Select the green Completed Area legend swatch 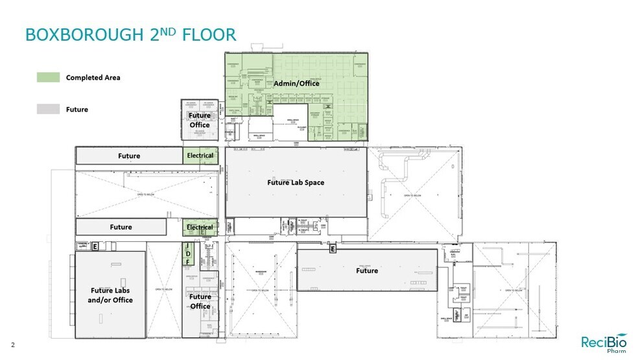tap(48, 78)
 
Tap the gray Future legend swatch tap(48, 110)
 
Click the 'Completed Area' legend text tap(93, 78)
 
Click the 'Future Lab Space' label tap(296, 182)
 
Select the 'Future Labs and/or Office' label tap(112, 295)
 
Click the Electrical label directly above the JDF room tap(200, 228)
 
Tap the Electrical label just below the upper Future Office tap(200, 156)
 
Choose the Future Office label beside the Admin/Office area tap(199, 120)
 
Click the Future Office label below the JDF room tap(200, 301)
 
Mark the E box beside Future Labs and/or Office tap(95, 246)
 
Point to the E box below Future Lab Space tap(333, 248)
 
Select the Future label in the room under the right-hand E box tap(366, 270)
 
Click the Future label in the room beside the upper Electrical tap(128, 156)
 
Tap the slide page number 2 tap(12, 344)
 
